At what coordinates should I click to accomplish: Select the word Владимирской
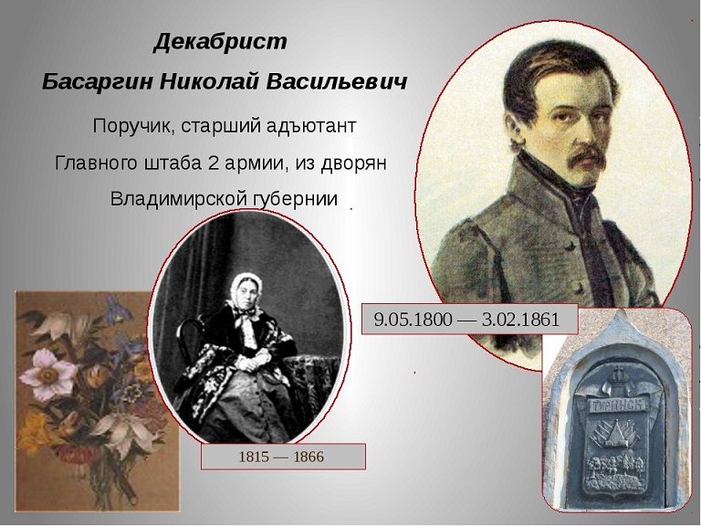pyautogui.click(x=177, y=198)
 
